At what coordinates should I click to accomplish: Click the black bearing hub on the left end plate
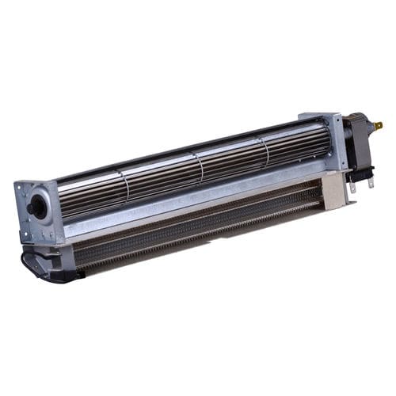(37, 208)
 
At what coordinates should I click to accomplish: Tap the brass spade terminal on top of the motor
(377, 125)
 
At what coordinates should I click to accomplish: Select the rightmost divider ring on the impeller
(265, 150)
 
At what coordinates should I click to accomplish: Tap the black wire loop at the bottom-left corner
(30, 265)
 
